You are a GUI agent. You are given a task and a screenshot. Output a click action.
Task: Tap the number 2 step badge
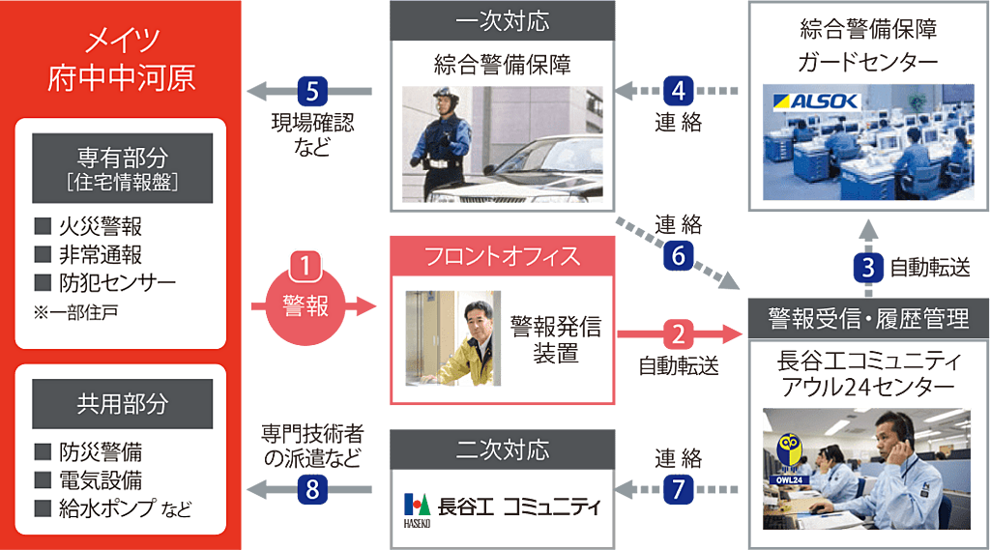click(x=678, y=334)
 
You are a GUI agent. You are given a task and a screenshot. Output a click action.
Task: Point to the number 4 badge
click(x=678, y=92)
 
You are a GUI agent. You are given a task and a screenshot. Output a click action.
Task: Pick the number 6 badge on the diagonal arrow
click(x=678, y=255)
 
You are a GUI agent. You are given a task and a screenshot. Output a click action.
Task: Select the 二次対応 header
click(x=501, y=449)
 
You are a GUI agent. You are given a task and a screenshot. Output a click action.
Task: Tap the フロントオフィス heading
click(x=501, y=256)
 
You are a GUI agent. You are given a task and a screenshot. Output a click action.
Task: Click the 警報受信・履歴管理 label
click(x=867, y=318)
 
